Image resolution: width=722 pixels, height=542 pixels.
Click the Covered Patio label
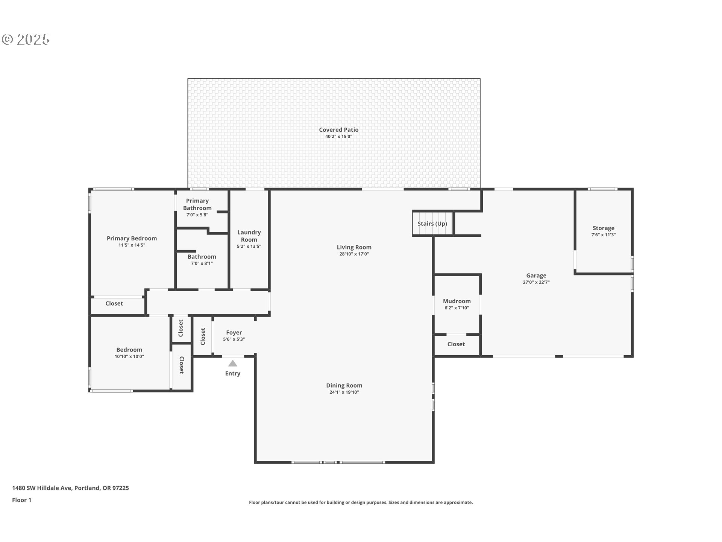click(x=339, y=130)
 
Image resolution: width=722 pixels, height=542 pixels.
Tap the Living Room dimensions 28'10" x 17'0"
click(x=354, y=254)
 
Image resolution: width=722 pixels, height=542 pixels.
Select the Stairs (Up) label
click(x=432, y=224)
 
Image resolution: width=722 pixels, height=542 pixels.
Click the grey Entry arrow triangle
click(x=233, y=363)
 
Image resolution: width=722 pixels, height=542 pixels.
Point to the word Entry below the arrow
click(x=233, y=373)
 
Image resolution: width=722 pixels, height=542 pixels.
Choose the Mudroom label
click(x=457, y=301)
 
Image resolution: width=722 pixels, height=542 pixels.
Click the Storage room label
click(x=604, y=228)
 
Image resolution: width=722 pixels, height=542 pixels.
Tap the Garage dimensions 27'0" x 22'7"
click(x=536, y=282)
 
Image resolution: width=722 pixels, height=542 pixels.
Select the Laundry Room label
click(x=249, y=236)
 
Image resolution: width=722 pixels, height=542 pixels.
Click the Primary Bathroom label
click(x=197, y=204)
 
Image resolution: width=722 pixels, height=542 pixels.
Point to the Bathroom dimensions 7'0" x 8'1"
click(x=202, y=263)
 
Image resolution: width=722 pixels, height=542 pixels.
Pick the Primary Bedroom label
click(x=132, y=238)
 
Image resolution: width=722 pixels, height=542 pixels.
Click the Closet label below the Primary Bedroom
click(x=114, y=303)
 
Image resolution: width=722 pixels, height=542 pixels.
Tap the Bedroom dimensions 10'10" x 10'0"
click(x=129, y=356)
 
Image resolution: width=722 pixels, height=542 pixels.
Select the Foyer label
click(x=234, y=333)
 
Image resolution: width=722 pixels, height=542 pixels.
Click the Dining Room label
click(x=344, y=385)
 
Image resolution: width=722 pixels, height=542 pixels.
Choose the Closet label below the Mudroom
click(x=456, y=344)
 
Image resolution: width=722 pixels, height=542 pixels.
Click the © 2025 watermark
click(x=26, y=40)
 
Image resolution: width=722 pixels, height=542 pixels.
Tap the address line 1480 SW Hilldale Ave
click(x=42, y=488)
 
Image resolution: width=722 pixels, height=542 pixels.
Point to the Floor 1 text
click(x=22, y=500)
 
